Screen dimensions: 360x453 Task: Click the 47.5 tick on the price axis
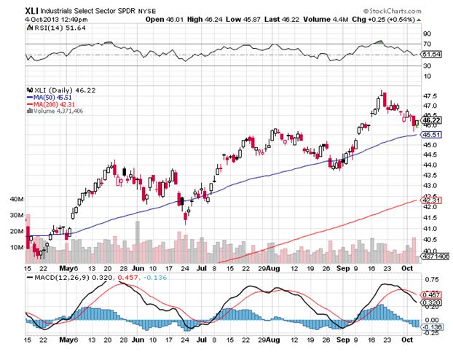(433, 95)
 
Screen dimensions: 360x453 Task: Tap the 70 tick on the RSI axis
(428, 44)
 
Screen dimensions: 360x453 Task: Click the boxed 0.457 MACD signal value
(433, 293)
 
